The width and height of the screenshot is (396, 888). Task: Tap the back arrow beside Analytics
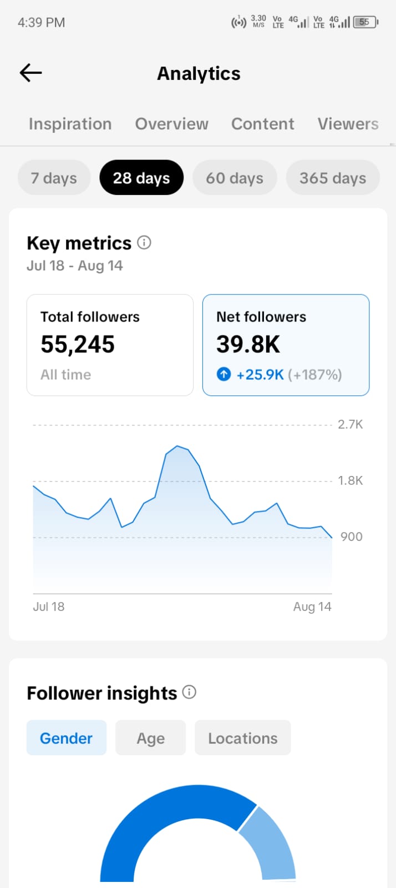coord(31,73)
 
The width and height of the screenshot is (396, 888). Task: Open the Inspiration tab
coord(70,124)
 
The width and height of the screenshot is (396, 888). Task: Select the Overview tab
coord(171,124)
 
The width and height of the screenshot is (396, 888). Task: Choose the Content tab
coord(262,124)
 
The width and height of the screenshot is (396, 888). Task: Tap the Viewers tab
coord(348,124)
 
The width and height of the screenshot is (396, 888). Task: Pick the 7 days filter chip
coord(54,178)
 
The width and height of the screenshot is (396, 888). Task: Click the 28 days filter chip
coord(141,178)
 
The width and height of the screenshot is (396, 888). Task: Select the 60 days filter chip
coord(235,178)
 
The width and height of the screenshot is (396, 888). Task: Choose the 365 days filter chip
coord(333,178)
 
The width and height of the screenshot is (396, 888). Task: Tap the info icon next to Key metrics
coord(144,242)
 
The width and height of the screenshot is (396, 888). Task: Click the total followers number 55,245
coord(78,344)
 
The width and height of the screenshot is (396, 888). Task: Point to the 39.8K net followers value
coord(248,344)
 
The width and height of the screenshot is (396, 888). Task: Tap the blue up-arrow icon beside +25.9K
coord(224,374)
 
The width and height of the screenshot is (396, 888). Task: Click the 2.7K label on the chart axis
coord(350,425)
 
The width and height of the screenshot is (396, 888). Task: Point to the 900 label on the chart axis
coord(351,537)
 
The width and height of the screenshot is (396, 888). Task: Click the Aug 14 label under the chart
coord(312,606)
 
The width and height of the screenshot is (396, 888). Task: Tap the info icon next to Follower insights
coord(189,692)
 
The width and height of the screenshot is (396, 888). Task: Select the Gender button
coord(66,738)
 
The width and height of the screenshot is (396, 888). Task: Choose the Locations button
coord(243,738)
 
